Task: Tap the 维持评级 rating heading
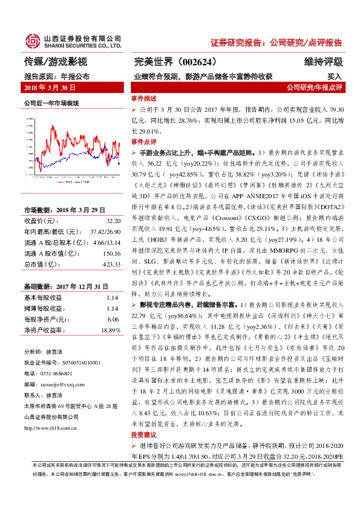[x=324, y=62]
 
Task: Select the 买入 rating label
[x=335, y=77]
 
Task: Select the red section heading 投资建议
[x=143, y=452]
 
